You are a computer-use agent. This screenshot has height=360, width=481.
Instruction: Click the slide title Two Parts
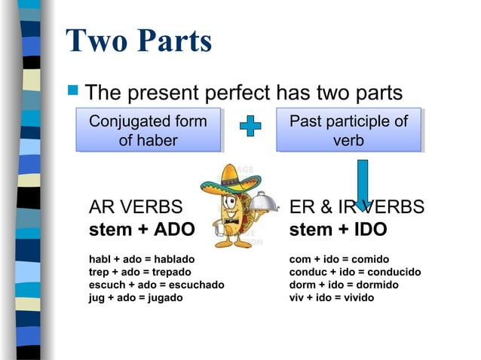pos(139,41)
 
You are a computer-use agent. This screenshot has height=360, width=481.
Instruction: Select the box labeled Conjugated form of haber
pos(148,130)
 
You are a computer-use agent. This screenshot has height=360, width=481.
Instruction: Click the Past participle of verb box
pos(348,130)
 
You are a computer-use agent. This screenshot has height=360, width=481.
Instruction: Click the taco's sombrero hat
pos(230,180)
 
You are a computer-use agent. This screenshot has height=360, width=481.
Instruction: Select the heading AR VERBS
pos(136,207)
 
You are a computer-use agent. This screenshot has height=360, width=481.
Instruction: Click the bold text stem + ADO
pos(142,229)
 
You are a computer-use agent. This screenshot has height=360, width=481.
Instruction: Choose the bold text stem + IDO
pos(338,229)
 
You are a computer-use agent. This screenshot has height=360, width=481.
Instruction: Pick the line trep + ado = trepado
pos(140,272)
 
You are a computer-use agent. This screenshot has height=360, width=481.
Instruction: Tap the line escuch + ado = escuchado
pos(156,285)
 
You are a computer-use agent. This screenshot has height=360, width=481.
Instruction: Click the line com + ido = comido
pos(339,259)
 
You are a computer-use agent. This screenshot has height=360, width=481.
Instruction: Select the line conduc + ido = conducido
pos(355,272)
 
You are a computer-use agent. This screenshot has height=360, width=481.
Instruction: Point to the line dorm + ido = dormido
pos(344,285)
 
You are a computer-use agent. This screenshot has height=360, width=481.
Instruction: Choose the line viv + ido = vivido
pos(332,297)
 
